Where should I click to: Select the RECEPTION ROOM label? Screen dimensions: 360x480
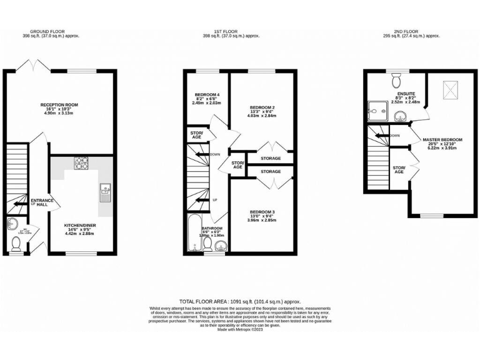coord(59,105)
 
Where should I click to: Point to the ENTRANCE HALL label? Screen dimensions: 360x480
coord(42,202)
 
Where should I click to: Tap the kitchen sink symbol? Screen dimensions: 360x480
coord(104,190)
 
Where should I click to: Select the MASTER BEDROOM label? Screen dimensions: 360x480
coord(442,139)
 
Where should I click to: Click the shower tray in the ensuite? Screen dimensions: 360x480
coord(377,111)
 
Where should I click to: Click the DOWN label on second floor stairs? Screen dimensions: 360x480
coord(394,136)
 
